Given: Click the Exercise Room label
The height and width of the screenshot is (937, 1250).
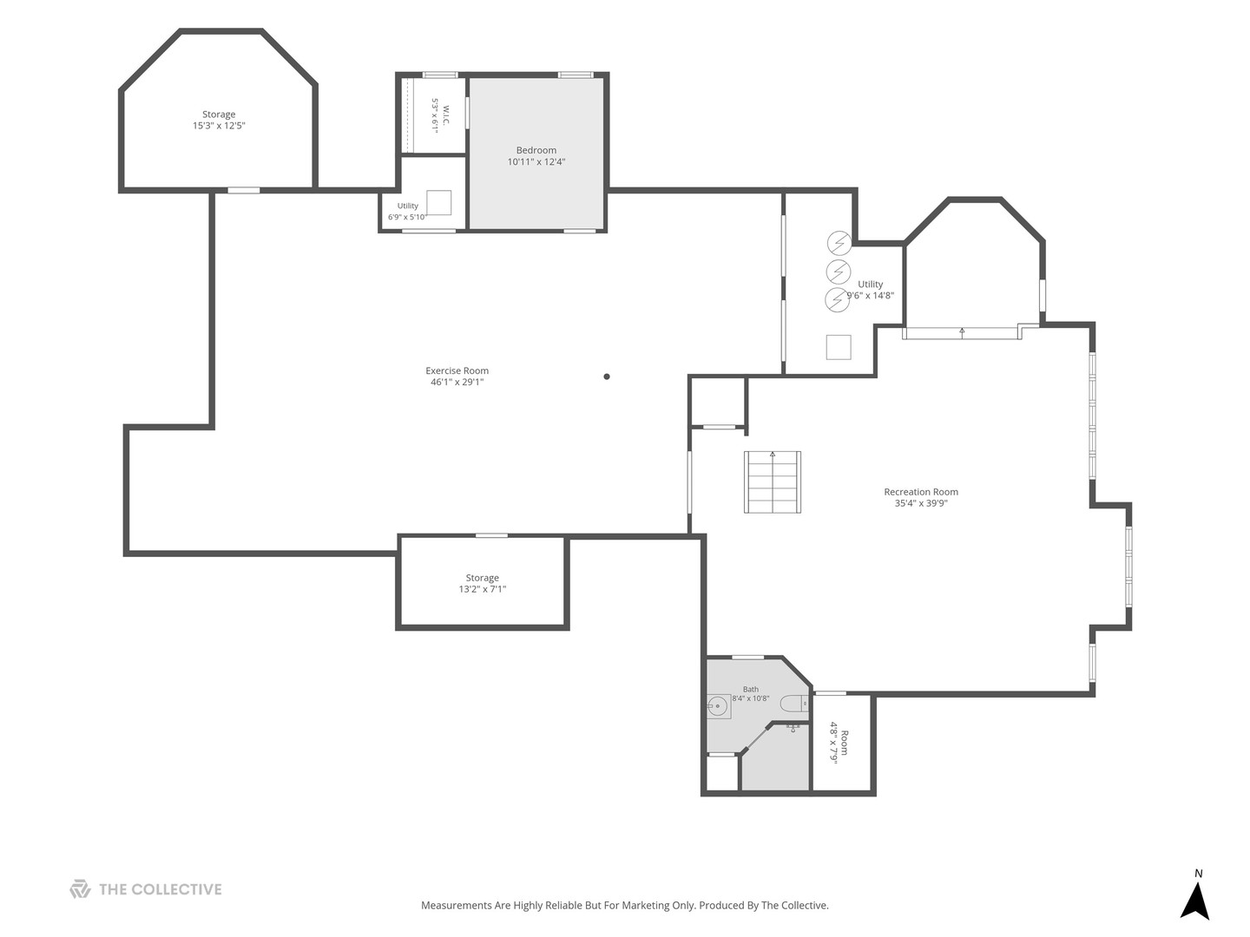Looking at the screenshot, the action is (457, 371).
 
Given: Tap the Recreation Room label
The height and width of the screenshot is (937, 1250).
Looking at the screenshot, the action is (921, 492).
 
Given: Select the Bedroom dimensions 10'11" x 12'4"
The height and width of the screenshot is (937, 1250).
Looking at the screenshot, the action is (536, 162).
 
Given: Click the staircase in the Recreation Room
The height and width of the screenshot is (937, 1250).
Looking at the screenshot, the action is (773, 482).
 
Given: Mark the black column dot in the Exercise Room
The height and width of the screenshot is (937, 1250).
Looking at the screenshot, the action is (607, 377).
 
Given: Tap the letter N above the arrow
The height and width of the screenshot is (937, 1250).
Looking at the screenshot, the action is (1198, 874).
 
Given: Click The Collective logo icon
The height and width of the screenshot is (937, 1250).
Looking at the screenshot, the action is (80, 888).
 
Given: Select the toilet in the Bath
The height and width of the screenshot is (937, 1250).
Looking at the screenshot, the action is (794, 704).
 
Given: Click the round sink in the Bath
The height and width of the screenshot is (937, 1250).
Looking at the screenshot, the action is (718, 706).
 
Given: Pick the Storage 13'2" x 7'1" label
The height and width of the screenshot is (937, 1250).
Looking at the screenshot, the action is (483, 584).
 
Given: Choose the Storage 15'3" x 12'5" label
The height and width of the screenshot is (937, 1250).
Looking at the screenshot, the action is (219, 120).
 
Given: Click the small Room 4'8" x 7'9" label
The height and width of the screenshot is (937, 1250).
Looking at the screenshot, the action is (839, 743).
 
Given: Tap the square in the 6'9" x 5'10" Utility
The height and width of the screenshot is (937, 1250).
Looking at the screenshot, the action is (438, 202).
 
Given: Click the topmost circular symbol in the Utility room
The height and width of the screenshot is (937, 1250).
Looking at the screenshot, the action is (839, 244).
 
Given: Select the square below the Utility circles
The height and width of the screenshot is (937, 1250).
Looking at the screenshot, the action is (839, 347).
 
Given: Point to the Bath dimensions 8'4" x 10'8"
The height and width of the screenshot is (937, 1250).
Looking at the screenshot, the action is (751, 698).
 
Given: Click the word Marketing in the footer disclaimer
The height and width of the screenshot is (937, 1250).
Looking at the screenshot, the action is (646, 906).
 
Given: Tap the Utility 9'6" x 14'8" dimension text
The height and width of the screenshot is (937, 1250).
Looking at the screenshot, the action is (870, 296).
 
